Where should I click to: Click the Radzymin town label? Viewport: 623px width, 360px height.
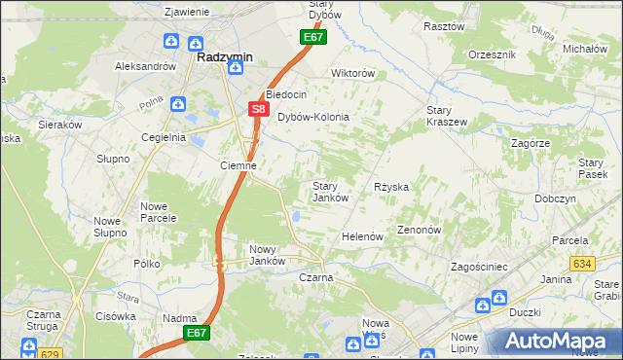(x=225, y=57)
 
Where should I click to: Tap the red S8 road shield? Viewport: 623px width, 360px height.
(x=257, y=110)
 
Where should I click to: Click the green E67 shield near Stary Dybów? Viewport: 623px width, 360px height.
(x=311, y=37)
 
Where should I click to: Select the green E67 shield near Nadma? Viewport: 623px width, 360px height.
(x=198, y=333)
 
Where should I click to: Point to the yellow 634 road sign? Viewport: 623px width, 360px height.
(x=582, y=263)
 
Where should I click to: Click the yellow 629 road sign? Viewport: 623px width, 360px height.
(x=52, y=353)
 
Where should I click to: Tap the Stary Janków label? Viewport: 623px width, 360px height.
(x=330, y=192)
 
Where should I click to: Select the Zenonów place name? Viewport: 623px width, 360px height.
(x=420, y=231)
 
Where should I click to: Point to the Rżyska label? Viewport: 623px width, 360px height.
(x=391, y=186)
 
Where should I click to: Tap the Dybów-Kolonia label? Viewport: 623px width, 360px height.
(x=313, y=117)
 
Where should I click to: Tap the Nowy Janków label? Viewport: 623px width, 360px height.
(x=267, y=255)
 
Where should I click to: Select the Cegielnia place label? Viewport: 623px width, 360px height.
(x=164, y=137)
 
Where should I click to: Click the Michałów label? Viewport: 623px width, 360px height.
(x=585, y=48)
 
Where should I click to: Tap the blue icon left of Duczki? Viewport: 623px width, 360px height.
(x=484, y=306)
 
